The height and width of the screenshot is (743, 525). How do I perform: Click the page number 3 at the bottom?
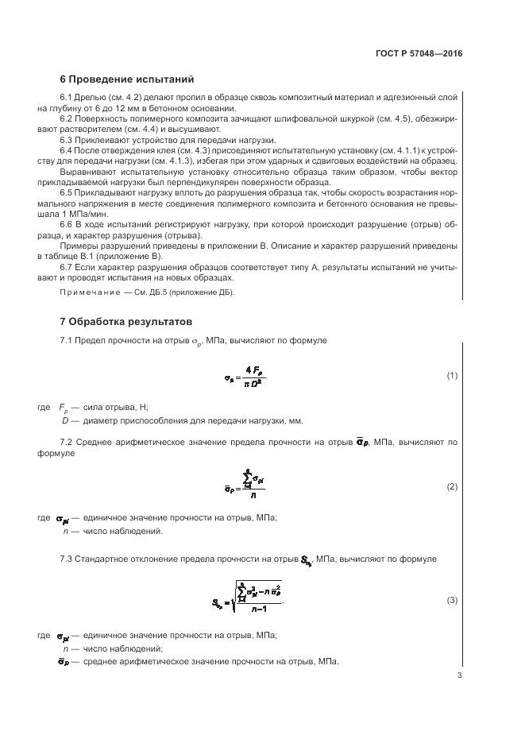[x=459, y=675]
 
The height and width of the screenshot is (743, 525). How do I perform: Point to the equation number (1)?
[x=452, y=376]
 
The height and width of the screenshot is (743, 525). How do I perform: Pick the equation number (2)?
[x=452, y=486]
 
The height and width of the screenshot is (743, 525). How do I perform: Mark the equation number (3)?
[x=452, y=600]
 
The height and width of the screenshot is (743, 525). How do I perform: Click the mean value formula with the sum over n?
[x=245, y=486]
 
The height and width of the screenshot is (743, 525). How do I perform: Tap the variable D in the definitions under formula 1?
[x=65, y=420]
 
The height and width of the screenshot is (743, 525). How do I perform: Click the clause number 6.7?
[x=68, y=268]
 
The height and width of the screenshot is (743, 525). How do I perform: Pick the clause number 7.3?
[x=68, y=559]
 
